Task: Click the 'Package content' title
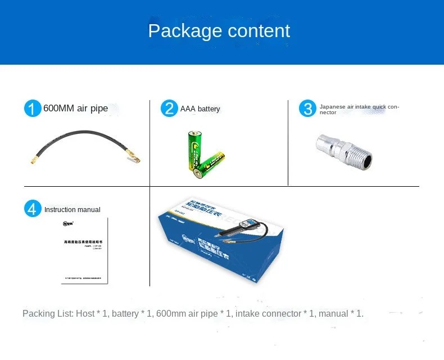tap(219, 30)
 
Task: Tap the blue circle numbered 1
tap(33, 109)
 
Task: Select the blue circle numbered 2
tap(169, 109)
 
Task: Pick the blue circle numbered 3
tap(307, 109)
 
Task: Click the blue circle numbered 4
tap(33, 209)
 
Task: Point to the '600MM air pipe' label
tap(75, 109)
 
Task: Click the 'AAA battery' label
tap(200, 109)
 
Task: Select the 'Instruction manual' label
tap(72, 210)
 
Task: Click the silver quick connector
tap(343, 151)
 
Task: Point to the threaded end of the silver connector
tap(360, 154)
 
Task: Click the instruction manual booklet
tap(84, 250)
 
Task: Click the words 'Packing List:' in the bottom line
tap(47, 314)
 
